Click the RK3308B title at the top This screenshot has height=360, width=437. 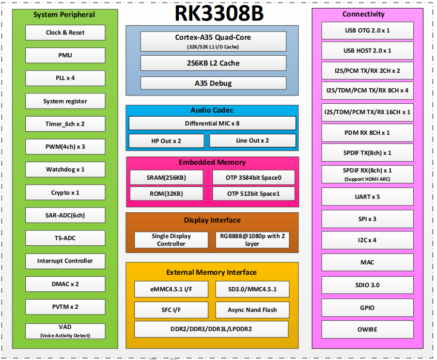pos(219,13)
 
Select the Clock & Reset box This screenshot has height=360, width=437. pos(65,33)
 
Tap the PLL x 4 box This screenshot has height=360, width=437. pos(65,78)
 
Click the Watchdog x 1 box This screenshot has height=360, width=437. pos(65,169)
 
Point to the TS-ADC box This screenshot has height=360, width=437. pos(65,238)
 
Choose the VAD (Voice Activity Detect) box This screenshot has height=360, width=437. pos(65,331)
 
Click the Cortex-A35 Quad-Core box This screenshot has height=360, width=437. pos(213,41)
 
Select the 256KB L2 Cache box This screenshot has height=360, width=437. pos(213,63)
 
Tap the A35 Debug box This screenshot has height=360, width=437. pos(213,83)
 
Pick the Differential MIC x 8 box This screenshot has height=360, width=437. pos(212,123)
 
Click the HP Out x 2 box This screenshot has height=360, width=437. pos(166,141)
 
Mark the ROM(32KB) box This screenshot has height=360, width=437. pos(166,194)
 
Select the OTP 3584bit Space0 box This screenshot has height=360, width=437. pos(254,178)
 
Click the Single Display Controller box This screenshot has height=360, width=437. pos(171,240)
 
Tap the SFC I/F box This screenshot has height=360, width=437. pos(171,310)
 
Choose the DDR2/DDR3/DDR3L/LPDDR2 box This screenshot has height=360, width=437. pos(211,329)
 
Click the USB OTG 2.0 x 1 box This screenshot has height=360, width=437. pos(367,30)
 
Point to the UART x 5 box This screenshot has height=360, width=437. pos(367,197)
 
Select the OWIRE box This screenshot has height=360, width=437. pos(367,330)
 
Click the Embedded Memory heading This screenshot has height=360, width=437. pos(212,162)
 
